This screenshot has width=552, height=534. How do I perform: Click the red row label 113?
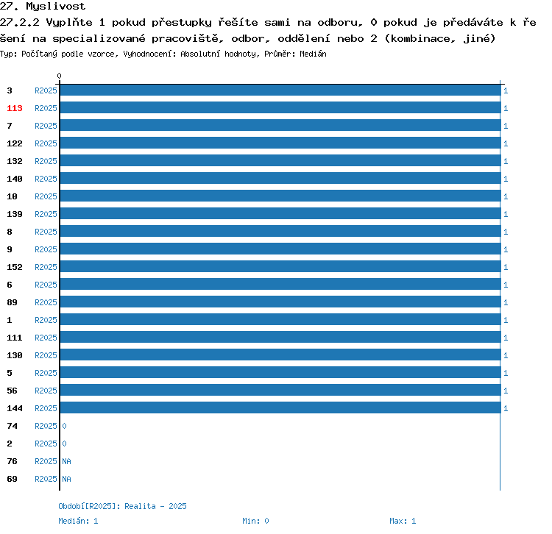click(15, 108)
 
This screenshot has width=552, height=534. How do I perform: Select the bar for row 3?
click(280, 90)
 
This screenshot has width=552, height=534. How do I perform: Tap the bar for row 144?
click(280, 407)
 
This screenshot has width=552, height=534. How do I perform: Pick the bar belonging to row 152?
click(280, 266)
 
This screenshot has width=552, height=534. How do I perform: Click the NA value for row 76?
click(66, 461)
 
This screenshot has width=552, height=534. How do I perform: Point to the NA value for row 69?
click(66, 479)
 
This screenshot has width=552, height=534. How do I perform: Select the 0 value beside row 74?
click(65, 426)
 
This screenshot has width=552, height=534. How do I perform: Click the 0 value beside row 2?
click(65, 444)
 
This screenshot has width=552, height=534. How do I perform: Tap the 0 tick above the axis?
click(59, 76)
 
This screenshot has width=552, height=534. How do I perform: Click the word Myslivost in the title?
click(56, 7)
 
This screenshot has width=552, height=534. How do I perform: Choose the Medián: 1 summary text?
click(78, 521)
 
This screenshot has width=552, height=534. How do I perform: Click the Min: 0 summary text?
click(255, 521)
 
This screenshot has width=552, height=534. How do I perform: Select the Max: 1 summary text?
click(403, 521)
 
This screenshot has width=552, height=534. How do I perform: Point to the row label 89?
click(12, 302)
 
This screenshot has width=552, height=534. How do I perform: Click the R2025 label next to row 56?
click(46, 391)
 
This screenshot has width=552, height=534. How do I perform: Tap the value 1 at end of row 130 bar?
click(506, 355)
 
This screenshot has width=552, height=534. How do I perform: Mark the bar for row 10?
click(280, 196)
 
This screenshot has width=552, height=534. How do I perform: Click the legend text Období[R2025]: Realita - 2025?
click(122, 506)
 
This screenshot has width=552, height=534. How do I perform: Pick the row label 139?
click(15, 214)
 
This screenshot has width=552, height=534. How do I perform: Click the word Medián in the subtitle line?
click(313, 54)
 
